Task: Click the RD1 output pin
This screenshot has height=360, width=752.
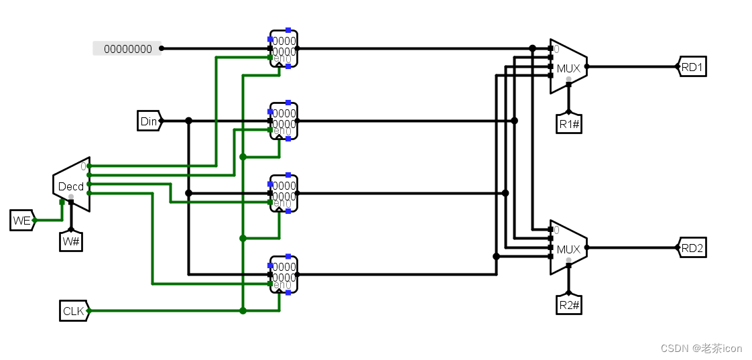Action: click(692, 66)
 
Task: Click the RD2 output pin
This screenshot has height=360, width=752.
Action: click(692, 247)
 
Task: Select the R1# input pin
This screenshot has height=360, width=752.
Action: click(568, 123)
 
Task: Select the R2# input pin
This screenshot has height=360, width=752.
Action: click(568, 306)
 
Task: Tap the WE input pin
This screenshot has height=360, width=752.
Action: click(21, 220)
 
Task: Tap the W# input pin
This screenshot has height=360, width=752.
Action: click(71, 241)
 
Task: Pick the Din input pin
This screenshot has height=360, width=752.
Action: click(149, 121)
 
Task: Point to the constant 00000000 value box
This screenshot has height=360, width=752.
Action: click(127, 48)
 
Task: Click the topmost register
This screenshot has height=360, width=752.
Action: click(284, 48)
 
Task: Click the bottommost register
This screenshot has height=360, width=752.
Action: click(284, 274)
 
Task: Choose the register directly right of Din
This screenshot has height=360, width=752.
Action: click(284, 121)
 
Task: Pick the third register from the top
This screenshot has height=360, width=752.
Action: click(284, 193)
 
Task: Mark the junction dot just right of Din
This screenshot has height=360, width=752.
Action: click(188, 121)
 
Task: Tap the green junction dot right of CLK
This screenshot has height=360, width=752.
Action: click(243, 310)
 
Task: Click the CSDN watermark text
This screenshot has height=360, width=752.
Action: click(701, 348)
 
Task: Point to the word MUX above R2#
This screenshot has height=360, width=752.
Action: click(568, 249)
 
